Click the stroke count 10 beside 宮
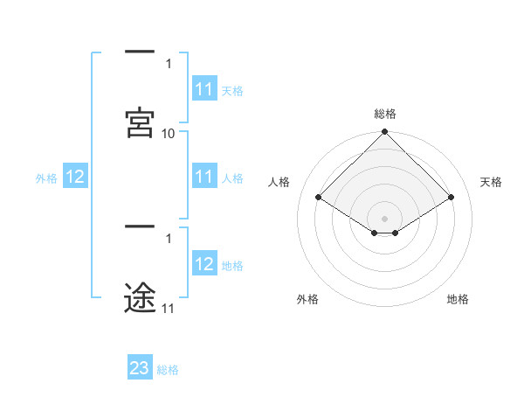(169, 134)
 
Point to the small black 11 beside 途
(169, 308)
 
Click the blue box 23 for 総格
(140, 368)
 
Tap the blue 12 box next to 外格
(75, 177)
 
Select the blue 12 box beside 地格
(204, 264)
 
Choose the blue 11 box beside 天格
(204, 89)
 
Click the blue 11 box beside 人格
(204, 177)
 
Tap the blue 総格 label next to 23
(168, 369)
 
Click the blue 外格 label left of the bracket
(46, 178)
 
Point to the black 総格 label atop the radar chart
(385, 114)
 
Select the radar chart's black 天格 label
(492, 182)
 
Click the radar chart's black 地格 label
(458, 299)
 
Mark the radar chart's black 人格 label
(279, 182)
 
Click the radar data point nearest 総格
(385, 133)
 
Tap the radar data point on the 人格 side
(319, 197)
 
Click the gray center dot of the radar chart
(385, 218)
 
